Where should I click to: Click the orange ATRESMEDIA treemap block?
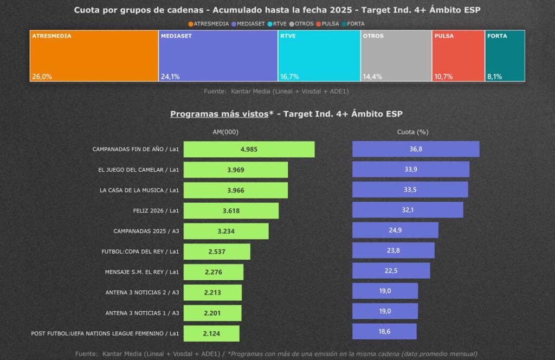click(x=94, y=56)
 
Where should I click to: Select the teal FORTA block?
click(x=505, y=56)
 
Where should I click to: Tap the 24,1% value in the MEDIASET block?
click(x=170, y=76)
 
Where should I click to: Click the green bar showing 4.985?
click(x=249, y=149)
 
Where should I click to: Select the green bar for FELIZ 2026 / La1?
click(x=231, y=210)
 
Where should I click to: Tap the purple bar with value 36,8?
click(x=416, y=149)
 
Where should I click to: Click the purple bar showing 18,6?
click(x=384, y=331)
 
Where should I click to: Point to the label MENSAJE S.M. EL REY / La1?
click(x=142, y=272)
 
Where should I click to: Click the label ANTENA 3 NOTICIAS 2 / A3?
click(x=142, y=293)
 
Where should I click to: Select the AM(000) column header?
click(x=226, y=132)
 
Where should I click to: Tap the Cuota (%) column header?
click(x=412, y=132)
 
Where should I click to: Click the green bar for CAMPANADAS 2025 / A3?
click(x=226, y=231)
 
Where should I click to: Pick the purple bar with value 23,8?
click(x=393, y=250)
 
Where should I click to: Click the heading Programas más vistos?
click(x=219, y=114)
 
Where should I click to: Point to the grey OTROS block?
click(x=396, y=56)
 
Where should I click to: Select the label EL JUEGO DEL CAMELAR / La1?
click(x=139, y=170)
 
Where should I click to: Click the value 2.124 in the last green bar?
click(x=211, y=333)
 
